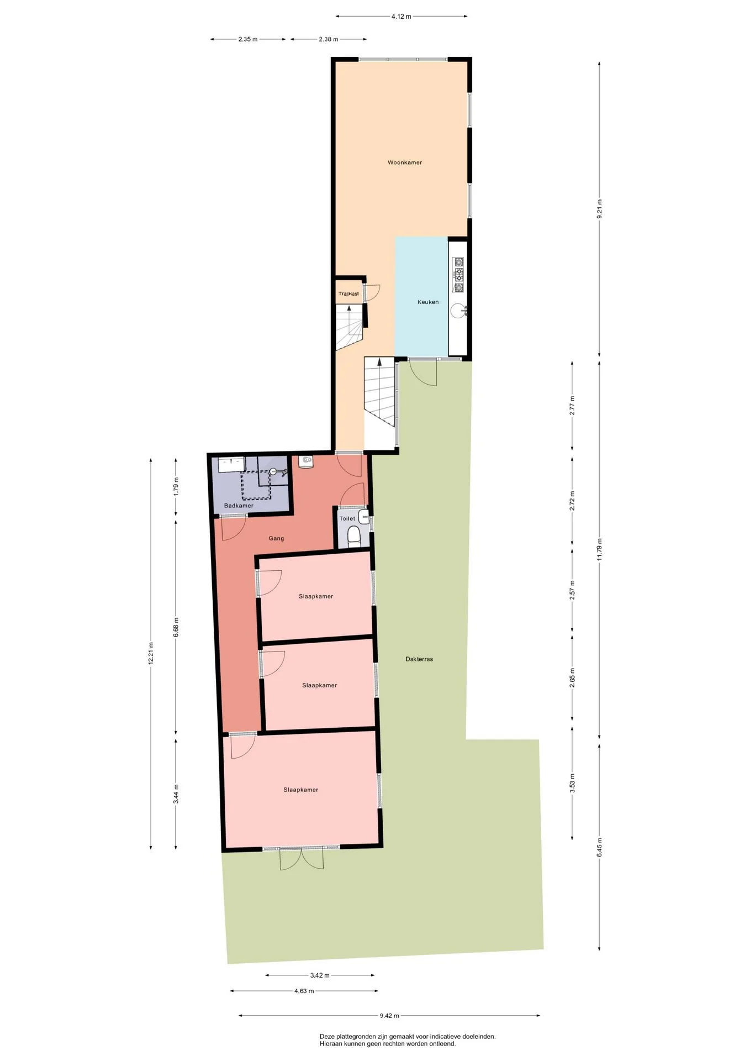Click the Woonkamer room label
(404, 162)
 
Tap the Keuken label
(428, 302)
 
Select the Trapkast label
(348, 293)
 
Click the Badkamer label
(239, 506)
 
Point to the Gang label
(276, 538)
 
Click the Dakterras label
(419, 659)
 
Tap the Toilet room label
(347, 518)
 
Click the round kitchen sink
(458, 311)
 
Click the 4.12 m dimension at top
(402, 17)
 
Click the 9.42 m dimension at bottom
(389, 1015)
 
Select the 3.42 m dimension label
(320, 975)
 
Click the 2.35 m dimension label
(248, 39)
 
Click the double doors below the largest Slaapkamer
(301, 858)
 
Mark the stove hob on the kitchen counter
(458, 274)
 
